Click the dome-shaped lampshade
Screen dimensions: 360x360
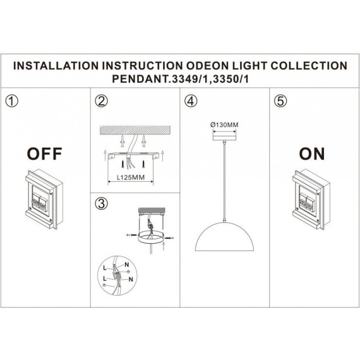[x=224, y=243]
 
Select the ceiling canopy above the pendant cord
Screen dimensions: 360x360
[x=224, y=135]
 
